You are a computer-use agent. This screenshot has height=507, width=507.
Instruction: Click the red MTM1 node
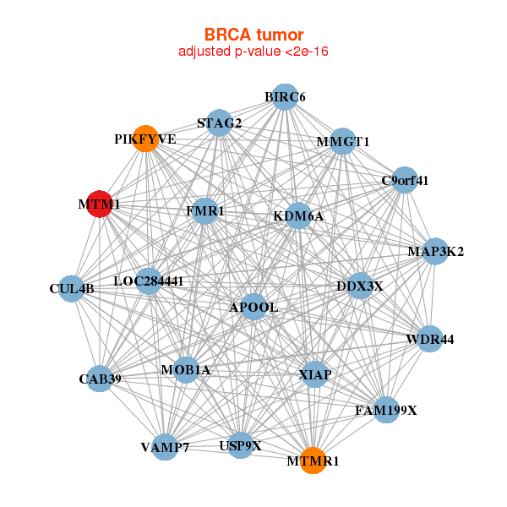pyautogui.click(x=100, y=204)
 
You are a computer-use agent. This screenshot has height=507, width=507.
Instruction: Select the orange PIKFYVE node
pyautogui.click(x=146, y=139)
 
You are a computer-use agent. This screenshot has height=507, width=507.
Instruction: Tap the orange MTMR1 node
pyautogui.click(x=313, y=461)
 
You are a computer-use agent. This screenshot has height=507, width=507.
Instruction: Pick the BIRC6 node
pyautogui.click(x=285, y=97)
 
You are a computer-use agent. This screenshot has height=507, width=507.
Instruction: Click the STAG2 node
pyautogui.click(x=219, y=123)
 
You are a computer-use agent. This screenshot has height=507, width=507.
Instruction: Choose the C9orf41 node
pyautogui.click(x=405, y=179)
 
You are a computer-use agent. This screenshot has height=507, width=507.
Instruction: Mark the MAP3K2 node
pyautogui.click(x=435, y=251)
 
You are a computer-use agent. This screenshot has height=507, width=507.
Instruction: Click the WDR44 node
pyautogui.click(x=429, y=339)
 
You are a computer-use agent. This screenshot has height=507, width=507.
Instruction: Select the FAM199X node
pyautogui.click(x=386, y=411)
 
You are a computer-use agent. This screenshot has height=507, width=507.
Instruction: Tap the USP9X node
pyautogui.click(x=240, y=444)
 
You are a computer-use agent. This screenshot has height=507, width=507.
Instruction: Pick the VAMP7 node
pyautogui.click(x=165, y=446)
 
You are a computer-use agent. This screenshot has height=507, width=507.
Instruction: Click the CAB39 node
pyautogui.click(x=101, y=379)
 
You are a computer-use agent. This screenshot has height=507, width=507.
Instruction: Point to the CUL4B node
pyautogui.click(x=72, y=289)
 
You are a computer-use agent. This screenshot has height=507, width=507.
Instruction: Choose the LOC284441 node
pyautogui.click(x=149, y=281)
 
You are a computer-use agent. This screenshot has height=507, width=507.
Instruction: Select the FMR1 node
pyautogui.click(x=205, y=210)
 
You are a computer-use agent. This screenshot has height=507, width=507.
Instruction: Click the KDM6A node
pyautogui.click(x=298, y=216)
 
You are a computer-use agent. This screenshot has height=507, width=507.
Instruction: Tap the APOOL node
pyautogui.click(x=253, y=307)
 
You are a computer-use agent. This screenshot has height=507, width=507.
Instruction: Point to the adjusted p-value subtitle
pyautogui.click(x=253, y=52)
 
